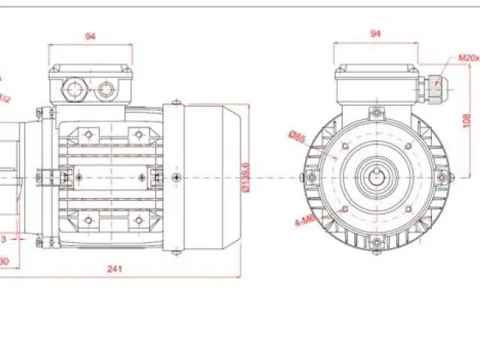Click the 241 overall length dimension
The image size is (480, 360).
115,268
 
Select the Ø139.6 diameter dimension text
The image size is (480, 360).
247,177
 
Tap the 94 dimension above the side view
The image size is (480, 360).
91,35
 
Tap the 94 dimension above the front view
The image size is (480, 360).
376,34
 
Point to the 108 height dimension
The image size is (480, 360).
466,119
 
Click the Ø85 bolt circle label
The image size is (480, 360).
296,137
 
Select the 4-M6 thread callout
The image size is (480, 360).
304,221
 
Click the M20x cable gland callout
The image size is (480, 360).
468,58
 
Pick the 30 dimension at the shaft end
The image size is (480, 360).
4,261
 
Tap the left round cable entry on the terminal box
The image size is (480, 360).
76,90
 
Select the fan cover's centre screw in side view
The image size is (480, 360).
175,177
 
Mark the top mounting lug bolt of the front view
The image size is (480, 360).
375,113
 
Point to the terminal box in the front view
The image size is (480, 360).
375,82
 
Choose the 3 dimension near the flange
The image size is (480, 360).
4,238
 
